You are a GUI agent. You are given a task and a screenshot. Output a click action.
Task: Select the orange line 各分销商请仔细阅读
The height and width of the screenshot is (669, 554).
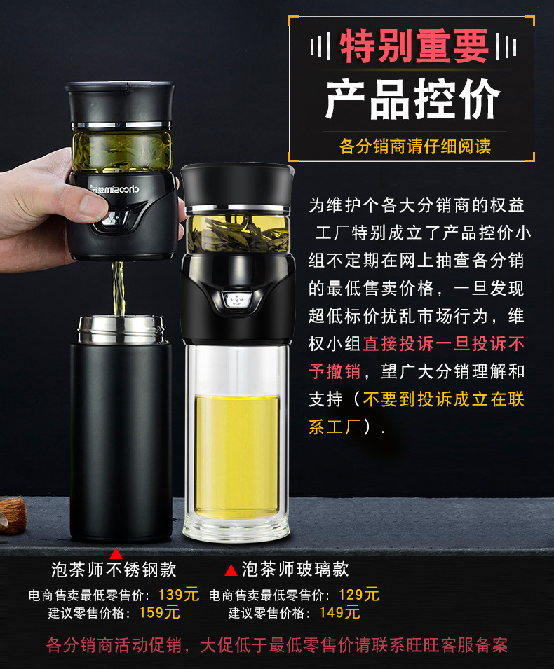pos(415,146)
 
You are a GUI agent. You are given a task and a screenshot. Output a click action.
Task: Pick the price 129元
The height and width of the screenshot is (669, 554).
pos(358,595)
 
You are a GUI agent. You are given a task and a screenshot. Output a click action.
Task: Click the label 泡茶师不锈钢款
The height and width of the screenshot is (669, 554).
pos(114,569)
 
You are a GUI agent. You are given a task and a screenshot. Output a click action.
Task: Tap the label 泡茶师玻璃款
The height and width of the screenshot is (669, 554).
pos(295,569)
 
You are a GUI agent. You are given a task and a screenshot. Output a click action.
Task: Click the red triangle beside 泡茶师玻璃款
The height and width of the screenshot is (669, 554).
pos(231,570)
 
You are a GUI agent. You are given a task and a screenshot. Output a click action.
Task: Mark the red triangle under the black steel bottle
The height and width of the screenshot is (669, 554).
pos(116,553)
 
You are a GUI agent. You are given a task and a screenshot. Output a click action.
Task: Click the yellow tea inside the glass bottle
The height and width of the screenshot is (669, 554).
pos(236,455)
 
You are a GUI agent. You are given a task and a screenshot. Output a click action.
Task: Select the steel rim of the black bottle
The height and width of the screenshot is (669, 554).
pos(120,329)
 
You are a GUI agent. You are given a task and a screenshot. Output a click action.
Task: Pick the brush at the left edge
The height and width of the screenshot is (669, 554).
pos(13,515)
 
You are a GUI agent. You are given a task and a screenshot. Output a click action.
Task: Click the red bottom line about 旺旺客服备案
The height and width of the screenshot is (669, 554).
pos(277,644)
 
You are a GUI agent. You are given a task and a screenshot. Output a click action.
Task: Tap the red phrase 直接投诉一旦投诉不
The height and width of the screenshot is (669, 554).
pos(444,344)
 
